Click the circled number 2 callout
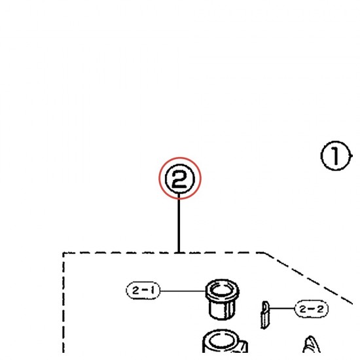pyautogui.click(x=180, y=179)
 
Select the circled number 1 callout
pyautogui.click(x=336, y=156)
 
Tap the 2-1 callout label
pyautogui.click(x=143, y=291)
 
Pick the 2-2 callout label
pyautogui.click(x=312, y=309)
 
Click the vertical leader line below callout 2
pyautogui.click(x=179, y=223)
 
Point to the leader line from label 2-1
pyautogui.click(x=183, y=291)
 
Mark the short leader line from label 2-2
pyautogui.click(x=281, y=308)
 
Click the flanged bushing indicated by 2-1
pyautogui.click(x=222, y=299)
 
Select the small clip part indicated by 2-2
pyautogui.click(x=264, y=315)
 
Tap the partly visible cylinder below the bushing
pyautogui.click(x=225, y=342)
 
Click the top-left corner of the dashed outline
pyautogui.click(x=63, y=253)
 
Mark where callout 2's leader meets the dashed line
pyautogui.click(x=179, y=253)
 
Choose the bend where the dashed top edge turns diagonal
pyautogui.click(x=264, y=253)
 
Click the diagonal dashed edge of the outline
pyautogui.click(x=308, y=278)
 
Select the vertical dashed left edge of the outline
pyautogui.click(x=63, y=302)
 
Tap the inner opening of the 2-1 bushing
pyautogui.click(x=222, y=289)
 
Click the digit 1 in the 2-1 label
pyautogui.click(x=152, y=291)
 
